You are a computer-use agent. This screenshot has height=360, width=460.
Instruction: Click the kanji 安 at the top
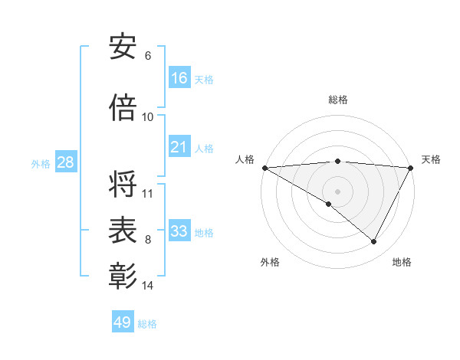pos(123,47)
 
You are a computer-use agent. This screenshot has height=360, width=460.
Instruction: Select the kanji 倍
pos(123,107)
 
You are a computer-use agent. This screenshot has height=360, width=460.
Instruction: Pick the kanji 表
pos(123,231)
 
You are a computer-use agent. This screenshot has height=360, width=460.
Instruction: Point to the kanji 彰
pos(123,277)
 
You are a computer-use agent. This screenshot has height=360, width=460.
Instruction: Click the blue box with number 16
pos(179,78)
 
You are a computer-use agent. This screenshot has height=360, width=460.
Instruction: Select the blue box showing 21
pos(179,148)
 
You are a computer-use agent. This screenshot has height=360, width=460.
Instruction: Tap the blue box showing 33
pos(179,231)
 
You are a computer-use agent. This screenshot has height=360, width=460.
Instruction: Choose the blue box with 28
pos(65,162)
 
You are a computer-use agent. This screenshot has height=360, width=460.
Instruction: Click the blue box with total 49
pos(123,322)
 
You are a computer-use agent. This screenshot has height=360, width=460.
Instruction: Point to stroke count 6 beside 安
pos(148,56)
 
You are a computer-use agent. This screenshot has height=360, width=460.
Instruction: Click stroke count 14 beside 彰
pos(148,286)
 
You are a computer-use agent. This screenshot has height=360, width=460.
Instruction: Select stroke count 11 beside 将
pos(148,194)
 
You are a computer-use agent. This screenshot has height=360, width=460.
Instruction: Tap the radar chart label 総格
pos(338,100)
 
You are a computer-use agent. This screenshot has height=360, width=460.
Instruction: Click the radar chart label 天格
pos(431,159)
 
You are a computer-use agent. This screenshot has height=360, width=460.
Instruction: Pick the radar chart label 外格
pos(270,262)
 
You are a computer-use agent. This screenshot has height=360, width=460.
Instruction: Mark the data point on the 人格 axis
pos(264,168)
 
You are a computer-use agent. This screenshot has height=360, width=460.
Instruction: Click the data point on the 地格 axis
pos(374,241)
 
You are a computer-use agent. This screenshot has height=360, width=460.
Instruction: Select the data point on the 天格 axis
pos(411,168)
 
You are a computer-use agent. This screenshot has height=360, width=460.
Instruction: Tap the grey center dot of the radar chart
pos(337,191)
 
